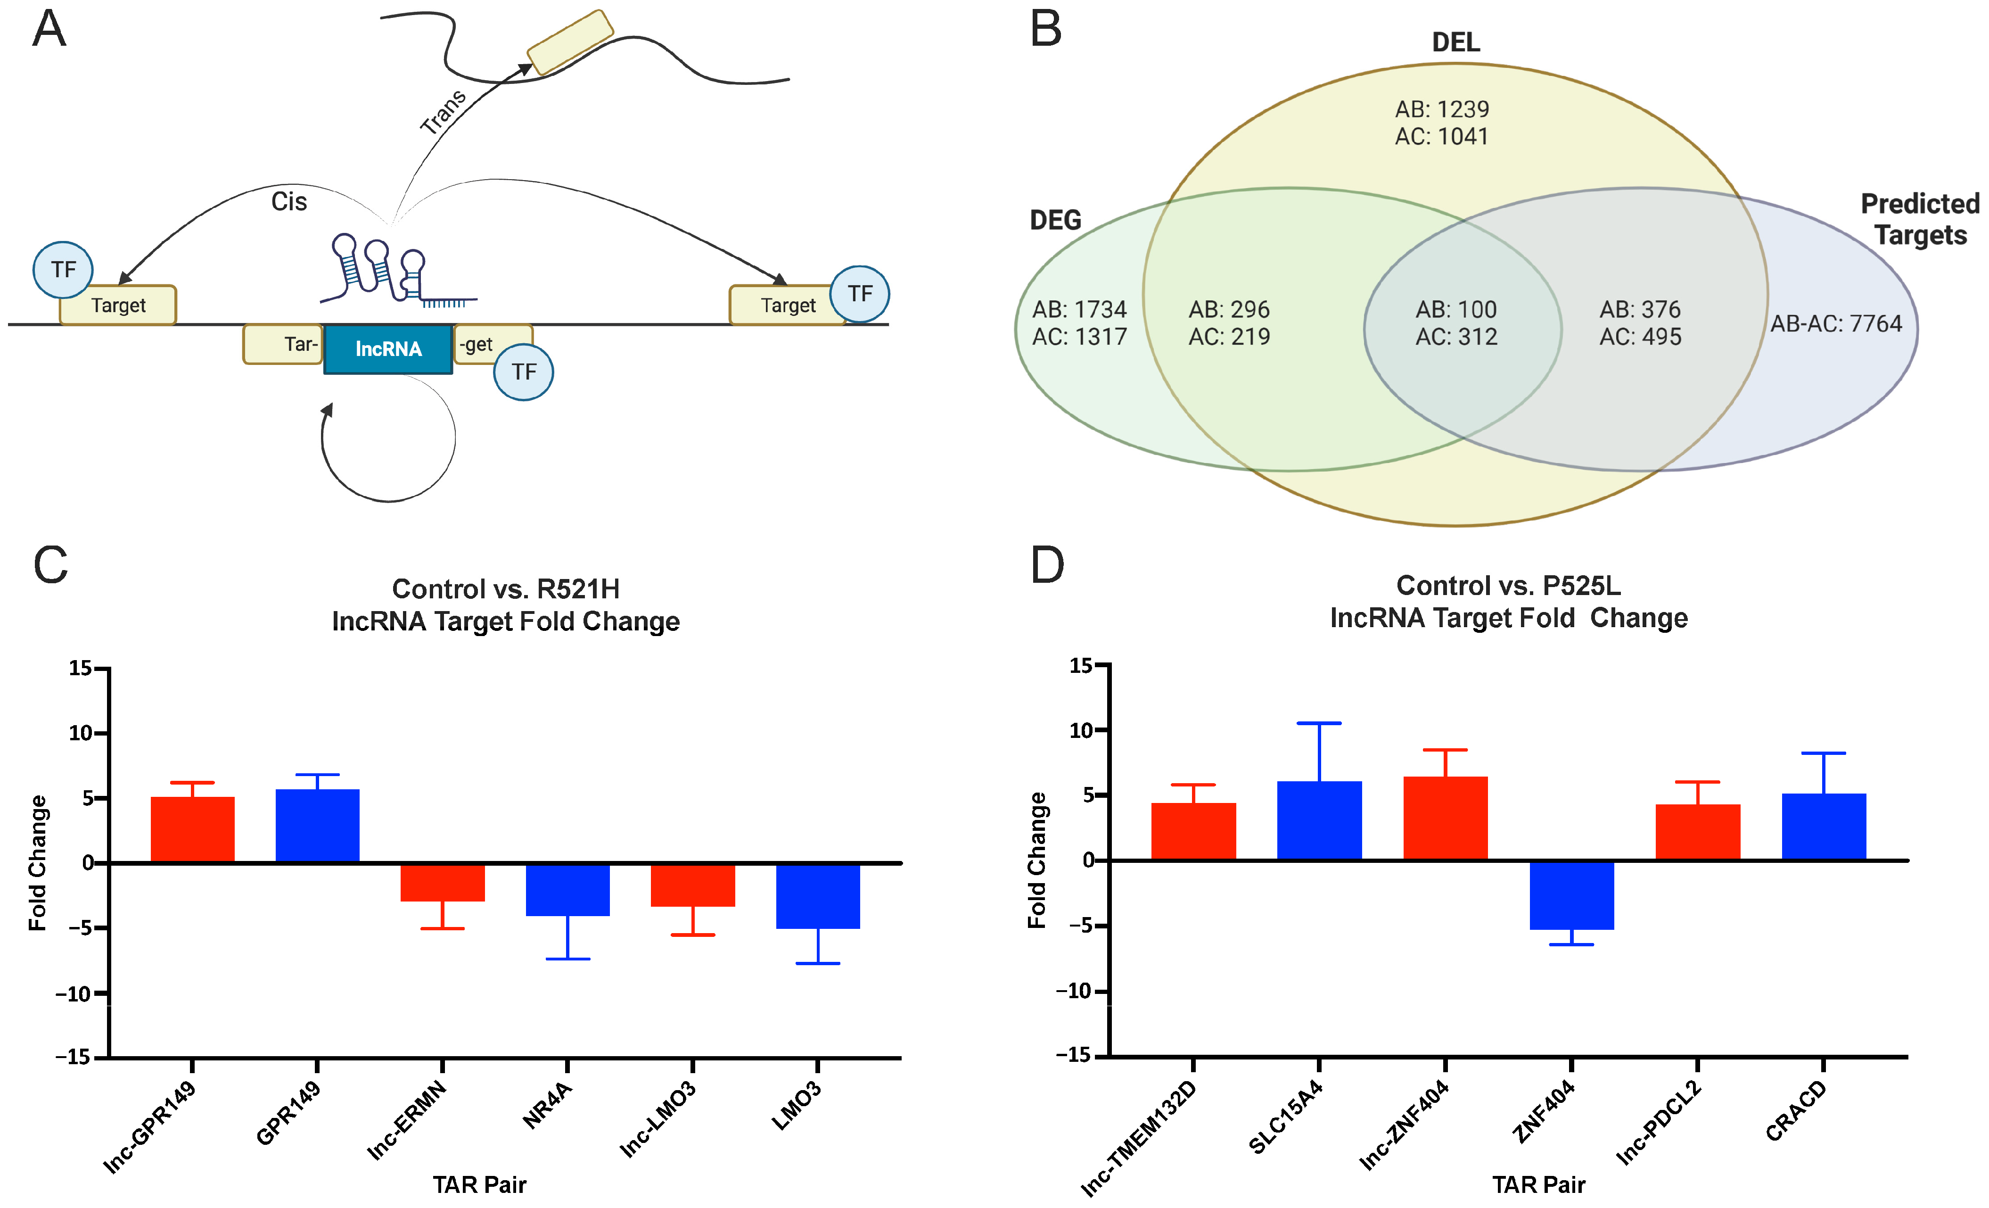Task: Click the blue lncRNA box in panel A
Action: coord(388,349)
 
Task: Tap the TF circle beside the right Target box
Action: coord(860,294)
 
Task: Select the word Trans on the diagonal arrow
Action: coord(443,111)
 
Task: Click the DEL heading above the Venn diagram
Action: coord(1455,42)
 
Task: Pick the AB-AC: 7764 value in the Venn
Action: coord(1836,324)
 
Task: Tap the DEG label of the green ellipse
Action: coord(1055,220)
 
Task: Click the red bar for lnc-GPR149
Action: coord(192,829)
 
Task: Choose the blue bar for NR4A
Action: coord(567,889)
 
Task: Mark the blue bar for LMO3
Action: coord(818,895)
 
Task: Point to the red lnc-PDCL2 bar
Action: coord(1698,832)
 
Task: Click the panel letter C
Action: coord(50,564)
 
